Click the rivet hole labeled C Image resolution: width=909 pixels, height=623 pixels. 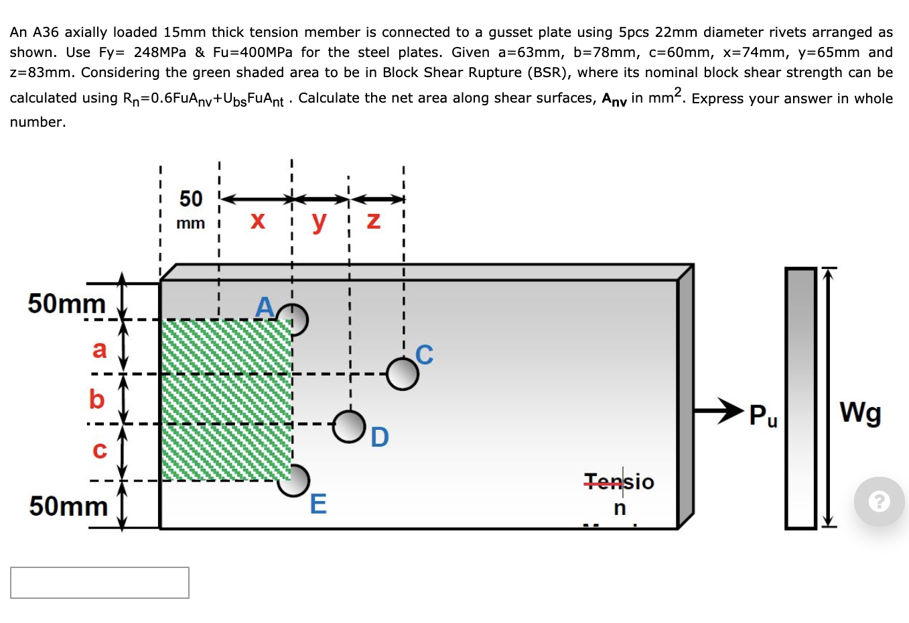(x=403, y=374)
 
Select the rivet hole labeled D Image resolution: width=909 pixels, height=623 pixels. (x=349, y=427)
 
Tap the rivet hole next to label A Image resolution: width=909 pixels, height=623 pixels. (x=294, y=320)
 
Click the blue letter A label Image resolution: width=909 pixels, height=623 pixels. (x=265, y=306)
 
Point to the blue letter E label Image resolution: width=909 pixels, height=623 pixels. (x=318, y=504)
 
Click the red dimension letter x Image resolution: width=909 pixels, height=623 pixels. (x=257, y=221)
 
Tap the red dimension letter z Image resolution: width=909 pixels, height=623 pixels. (x=374, y=221)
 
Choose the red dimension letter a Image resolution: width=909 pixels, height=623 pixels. (x=99, y=349)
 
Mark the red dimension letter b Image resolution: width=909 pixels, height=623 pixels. (x=97, y=400)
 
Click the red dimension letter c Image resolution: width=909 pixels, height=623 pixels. (x=99, y=450)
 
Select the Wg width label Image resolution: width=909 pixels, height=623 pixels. (x=860, y=412)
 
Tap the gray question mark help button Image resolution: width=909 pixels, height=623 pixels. (x=879, y=501)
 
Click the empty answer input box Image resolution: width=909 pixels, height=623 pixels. (x=100, y=583)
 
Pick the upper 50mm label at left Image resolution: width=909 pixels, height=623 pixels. (x=66, y=304)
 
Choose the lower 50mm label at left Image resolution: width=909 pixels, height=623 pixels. (x=68, y=506)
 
